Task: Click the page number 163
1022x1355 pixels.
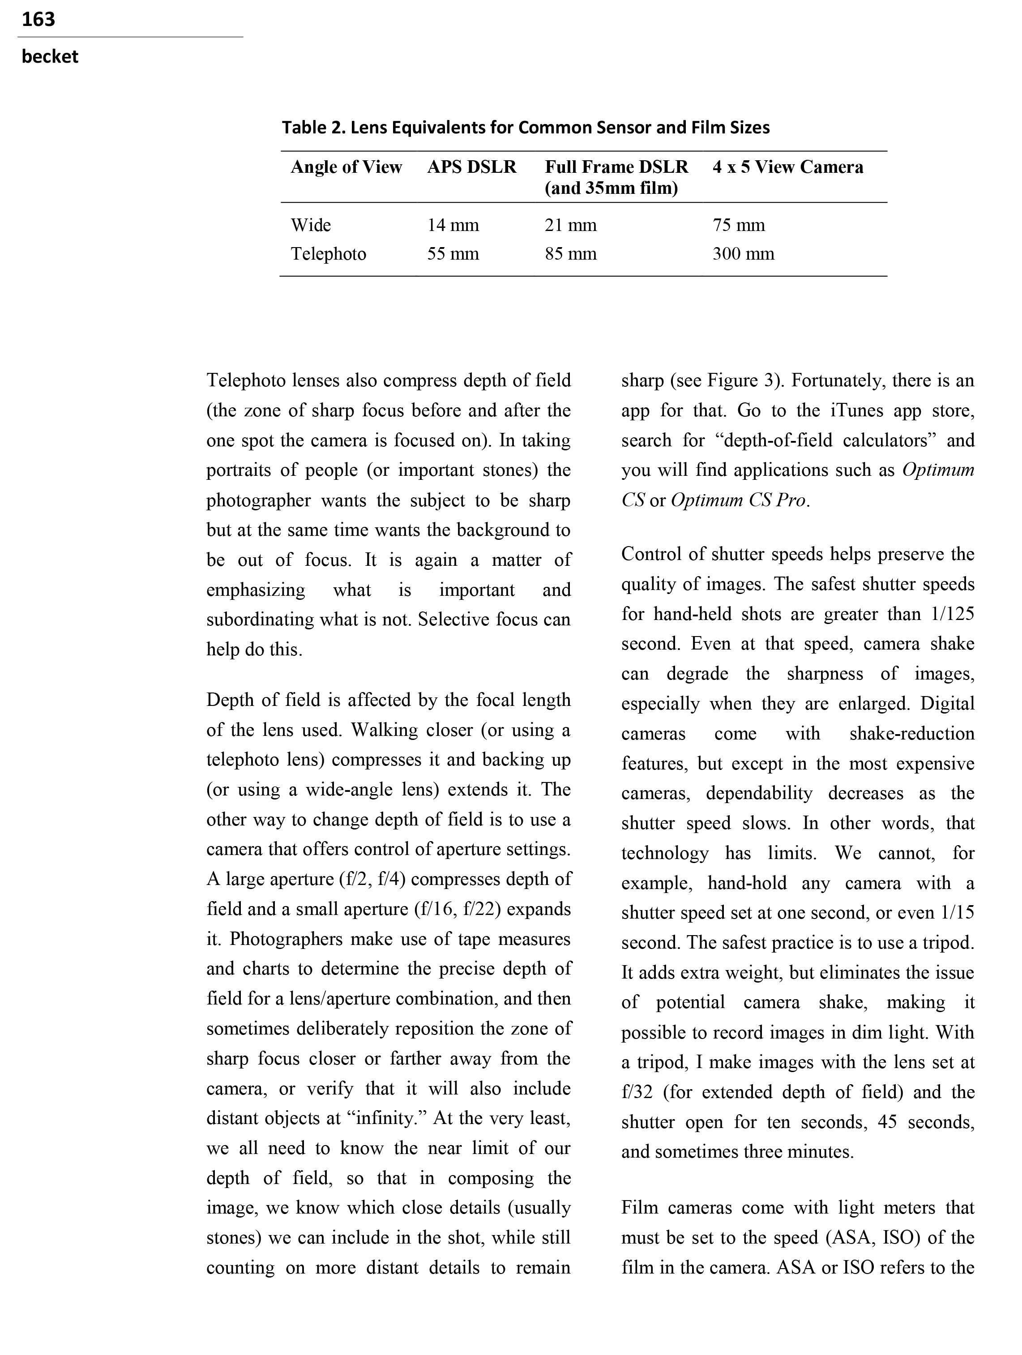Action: point(38,20)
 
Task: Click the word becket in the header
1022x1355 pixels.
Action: point(50,57)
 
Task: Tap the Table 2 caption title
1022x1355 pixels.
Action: point(525,128)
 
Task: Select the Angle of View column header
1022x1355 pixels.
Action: point(346,167)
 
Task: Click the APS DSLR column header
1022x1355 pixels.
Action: point(471,167)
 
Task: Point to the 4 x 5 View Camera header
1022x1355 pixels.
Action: point(787,167)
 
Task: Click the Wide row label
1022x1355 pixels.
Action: point(311,226)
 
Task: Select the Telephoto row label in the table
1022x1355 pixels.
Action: point(329,254)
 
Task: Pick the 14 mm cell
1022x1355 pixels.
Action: point(453,226)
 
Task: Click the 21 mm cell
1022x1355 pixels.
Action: point(570,226)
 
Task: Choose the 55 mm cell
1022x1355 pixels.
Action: point(453,254)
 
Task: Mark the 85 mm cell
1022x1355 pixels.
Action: point(570,254)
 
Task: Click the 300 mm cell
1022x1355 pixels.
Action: point(743,254)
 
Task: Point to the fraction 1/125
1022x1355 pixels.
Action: point(952,614)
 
